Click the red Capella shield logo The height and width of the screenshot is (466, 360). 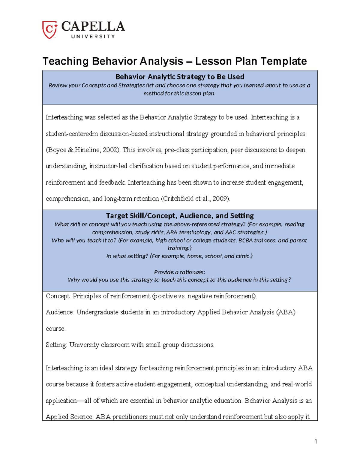click(x=49, y=30)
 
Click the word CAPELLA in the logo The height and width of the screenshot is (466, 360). click(x=93, y=27)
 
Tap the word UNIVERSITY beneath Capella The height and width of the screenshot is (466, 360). click(x=93, y=37)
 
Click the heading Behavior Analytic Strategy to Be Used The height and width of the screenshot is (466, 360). click(x=180, y=77)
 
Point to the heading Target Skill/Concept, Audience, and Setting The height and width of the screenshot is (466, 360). click(x=180, y=216)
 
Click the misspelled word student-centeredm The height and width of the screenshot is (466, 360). click(x=72, y=134)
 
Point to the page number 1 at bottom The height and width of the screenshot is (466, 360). click(x=316, y=441)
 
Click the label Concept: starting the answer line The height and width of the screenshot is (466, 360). click(x=58, y=296)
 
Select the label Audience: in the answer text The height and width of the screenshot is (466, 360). click(x=60, y=312)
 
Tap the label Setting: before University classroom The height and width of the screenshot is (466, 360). click(x=56, y=345)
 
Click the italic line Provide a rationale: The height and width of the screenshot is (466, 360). click(x=180, y=272)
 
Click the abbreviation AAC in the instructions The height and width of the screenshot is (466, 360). click(x=231, y=232)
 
